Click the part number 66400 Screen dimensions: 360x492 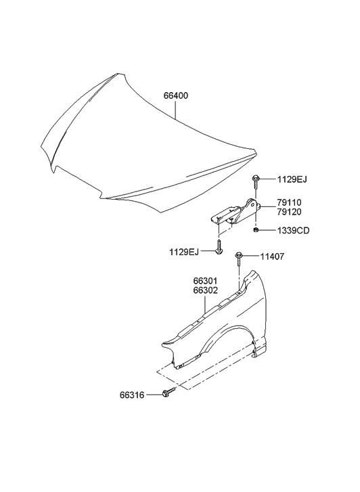pos(176,95)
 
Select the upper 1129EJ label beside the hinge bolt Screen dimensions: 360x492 pos(292,179)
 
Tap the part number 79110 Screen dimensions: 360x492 pos(289,202)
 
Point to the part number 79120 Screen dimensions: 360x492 pos(289,212)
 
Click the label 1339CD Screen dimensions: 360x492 pos(293,231)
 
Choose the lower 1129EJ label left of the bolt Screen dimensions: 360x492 pos(184,252)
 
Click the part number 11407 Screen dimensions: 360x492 pos(272,256)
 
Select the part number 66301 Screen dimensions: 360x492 pos(205,281)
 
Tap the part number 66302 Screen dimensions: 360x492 pos(205,290)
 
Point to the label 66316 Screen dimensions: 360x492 pos(132,395)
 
